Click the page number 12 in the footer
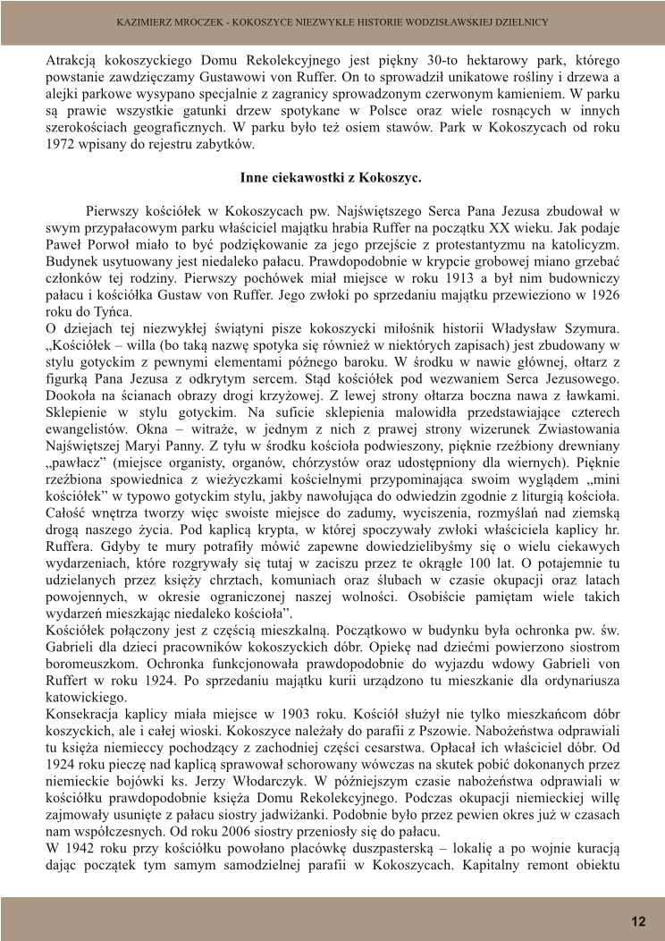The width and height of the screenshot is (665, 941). pyautogui.click(x=638, y=921)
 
